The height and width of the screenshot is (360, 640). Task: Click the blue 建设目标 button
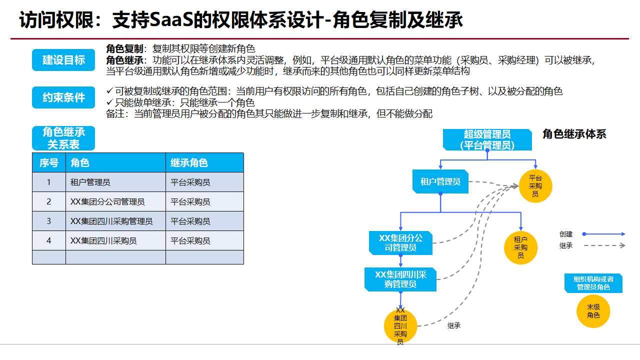click(63, 60)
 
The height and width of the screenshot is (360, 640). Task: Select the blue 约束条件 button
click(63, 97)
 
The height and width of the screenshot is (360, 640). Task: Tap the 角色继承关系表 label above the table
click(63, 138)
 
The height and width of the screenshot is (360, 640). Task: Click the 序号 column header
click(49, 162)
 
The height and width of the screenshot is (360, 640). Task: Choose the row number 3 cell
click(49, 221)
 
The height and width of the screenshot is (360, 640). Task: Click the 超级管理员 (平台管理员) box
click(487, 140)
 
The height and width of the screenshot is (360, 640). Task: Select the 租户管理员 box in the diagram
click(440, 181)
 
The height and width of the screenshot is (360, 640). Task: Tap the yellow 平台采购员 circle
click(535, 186)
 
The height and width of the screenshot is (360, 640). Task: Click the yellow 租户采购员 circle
click(520, 247)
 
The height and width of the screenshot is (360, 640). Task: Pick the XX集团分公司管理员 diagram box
click(400, 242)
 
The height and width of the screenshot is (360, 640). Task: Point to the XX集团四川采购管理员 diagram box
click(400, 279)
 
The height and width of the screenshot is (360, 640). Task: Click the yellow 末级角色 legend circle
click(593, 311)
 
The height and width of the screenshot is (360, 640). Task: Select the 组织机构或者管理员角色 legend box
click(593, 283)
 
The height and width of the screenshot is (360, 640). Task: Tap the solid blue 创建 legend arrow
click(604, 234)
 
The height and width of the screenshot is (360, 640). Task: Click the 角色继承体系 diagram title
click(574, 134)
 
